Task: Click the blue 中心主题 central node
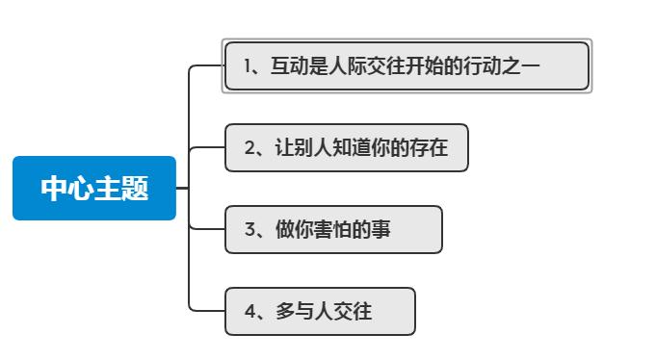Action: point(94,189)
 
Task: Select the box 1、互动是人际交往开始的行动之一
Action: point(406,65)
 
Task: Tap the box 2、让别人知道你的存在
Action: point(346,148)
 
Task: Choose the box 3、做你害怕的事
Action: point(333,230)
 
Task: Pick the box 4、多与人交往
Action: point(320,312)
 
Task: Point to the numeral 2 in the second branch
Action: point(249,148)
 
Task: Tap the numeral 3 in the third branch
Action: point(249,230)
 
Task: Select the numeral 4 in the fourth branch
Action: point(249,312)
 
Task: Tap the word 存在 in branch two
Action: point(430,148)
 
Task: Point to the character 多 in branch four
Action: point(283,312)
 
